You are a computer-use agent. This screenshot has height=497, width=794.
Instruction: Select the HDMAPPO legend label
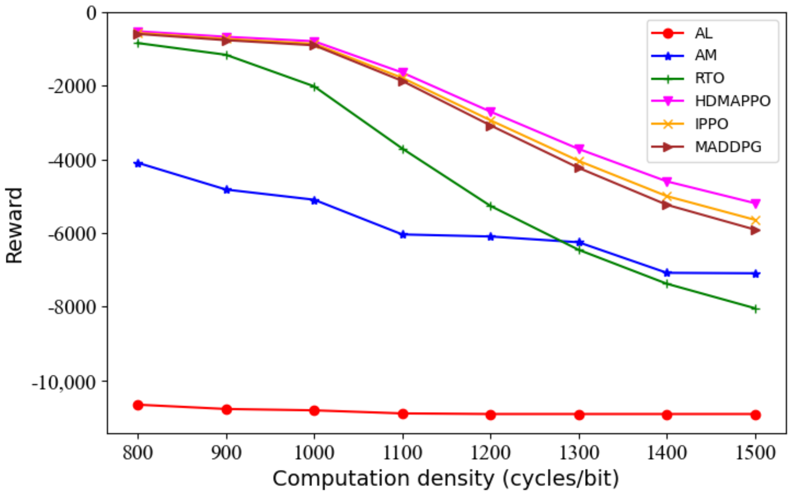point(732,101)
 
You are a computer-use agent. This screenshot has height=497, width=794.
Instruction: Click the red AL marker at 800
point(138,405)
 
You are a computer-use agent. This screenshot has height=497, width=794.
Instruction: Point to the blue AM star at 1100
point(403,235)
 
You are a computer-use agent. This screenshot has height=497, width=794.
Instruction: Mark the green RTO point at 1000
point(314,87)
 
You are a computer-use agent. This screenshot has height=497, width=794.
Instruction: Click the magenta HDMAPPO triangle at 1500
point(755,203)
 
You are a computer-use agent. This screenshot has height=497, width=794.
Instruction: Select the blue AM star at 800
point(138,164)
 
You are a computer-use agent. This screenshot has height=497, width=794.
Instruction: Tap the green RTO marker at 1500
point(755,309)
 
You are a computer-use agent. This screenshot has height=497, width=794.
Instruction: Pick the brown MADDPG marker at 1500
point(755,230)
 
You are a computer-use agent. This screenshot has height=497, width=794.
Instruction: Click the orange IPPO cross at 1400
point(667,197)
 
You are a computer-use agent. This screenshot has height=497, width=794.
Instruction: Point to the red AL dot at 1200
point(490,415)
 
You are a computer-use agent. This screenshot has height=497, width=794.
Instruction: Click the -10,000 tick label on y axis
point(63,382)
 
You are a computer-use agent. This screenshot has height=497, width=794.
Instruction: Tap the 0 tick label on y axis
point(91,13)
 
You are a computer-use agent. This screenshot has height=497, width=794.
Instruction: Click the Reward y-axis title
point(14,225)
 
